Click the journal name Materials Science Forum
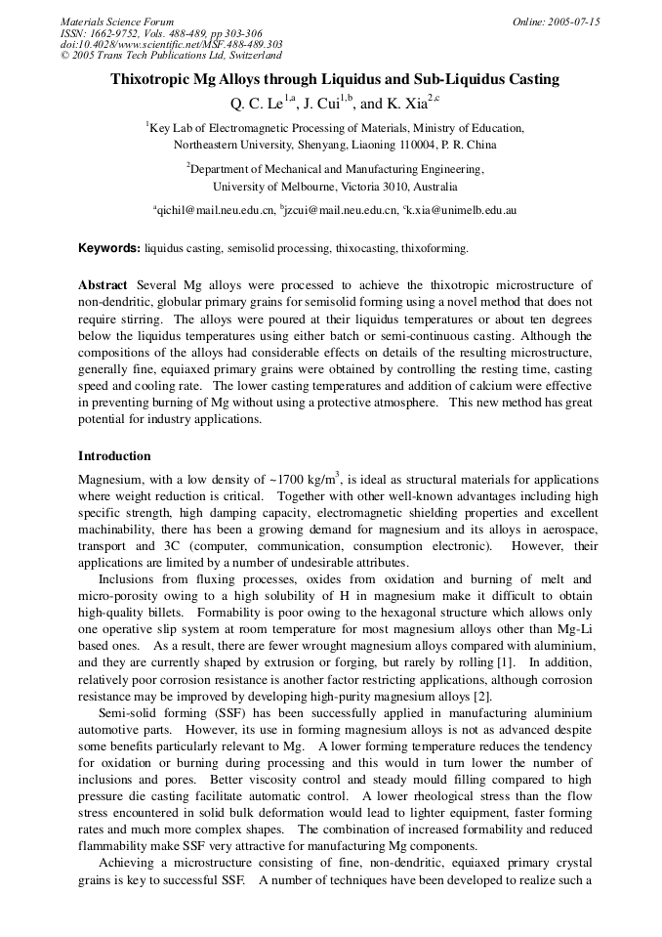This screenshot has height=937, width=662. tap(116, 21)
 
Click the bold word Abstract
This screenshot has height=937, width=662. tap(103, 284)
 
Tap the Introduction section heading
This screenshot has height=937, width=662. tap(114, 456)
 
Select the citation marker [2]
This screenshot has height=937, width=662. tap(481, 696)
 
